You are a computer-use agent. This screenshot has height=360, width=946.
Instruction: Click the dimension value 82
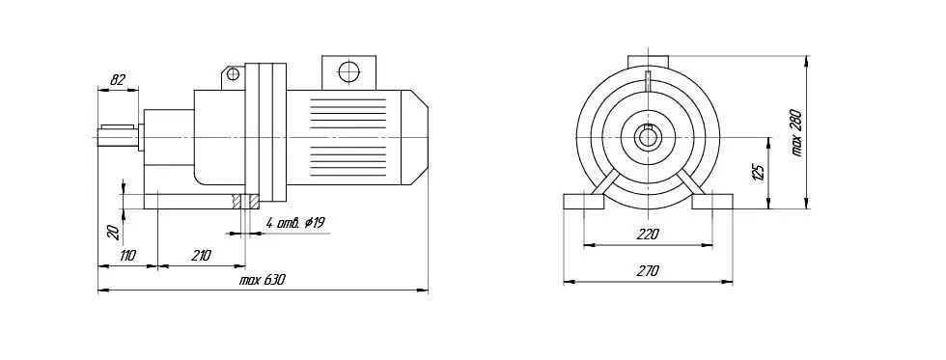[x=119, y=79]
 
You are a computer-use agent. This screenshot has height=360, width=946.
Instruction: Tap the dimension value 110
[x=126, y=255]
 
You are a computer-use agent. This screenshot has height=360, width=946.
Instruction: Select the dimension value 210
[x=201, y=255]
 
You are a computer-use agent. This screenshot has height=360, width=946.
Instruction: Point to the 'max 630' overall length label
[x=262, y=280]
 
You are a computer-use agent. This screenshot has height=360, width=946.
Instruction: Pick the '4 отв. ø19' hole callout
[x=295, y=223]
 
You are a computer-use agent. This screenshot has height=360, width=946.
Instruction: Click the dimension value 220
[x=648, y=235]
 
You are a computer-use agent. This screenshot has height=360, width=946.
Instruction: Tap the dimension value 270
[x=648, y=271]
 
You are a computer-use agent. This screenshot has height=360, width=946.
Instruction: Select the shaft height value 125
[x=760, y=171]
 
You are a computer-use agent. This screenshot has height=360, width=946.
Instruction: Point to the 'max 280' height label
[x=796, y=133]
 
